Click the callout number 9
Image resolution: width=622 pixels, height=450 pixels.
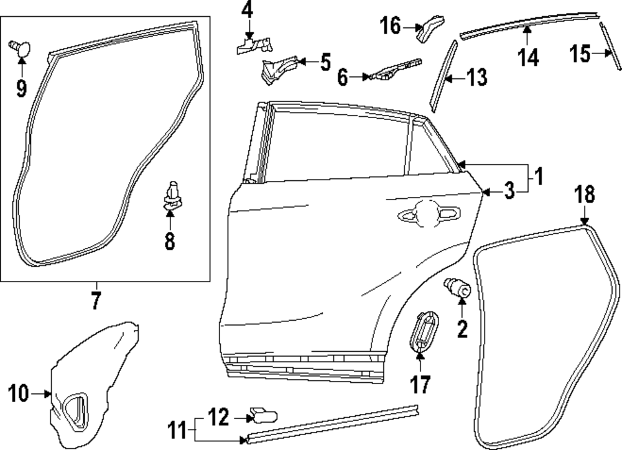(21, 88)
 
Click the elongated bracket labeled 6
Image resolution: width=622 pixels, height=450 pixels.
(392, 70)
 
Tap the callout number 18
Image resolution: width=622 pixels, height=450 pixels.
(585, 194)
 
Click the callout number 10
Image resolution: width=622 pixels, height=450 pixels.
(19, 393)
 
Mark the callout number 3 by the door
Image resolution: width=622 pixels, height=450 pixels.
(509, 192)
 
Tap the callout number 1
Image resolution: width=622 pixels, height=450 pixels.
(539, 177)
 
